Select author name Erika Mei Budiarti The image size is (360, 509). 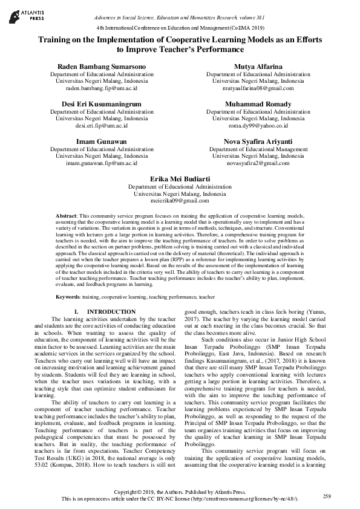[x=180, y=180]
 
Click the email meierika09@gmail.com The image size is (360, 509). [x=180, y=201]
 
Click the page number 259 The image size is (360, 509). [x=327, y=496]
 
